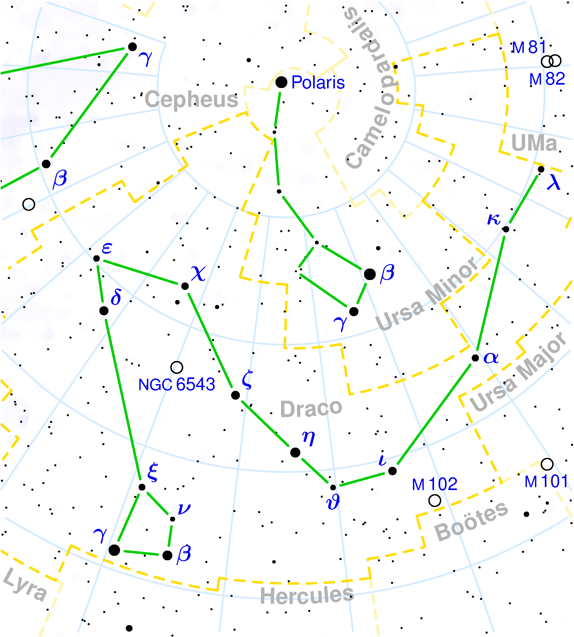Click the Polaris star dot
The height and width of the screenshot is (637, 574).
[x=281, y=82]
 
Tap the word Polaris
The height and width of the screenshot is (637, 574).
[x=318, y=83]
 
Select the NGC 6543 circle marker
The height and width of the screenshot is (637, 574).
[x=177, y=367]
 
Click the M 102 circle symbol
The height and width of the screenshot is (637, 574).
[x=435, y=500]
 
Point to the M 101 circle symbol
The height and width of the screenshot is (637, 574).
[x=547, y=464]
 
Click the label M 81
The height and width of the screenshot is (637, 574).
[x=529, y=48]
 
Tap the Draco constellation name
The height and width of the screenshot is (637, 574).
[x=311, y=408]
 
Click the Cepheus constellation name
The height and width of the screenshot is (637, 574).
[x=191, y=99]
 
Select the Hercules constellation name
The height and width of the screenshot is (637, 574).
[x=307, y=595]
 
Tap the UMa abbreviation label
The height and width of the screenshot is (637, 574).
[x=534, y=143]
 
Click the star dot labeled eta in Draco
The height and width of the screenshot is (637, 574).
[x=295, y=452]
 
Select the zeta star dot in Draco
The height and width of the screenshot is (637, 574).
[x=235, y=395]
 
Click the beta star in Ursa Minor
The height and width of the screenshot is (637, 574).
[x=370, y=274]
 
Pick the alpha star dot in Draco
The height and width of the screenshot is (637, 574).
[x=475, y=358]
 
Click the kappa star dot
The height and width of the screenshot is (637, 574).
[x=506, y=229]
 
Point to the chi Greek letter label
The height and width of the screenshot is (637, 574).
[x=198, y=273]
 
